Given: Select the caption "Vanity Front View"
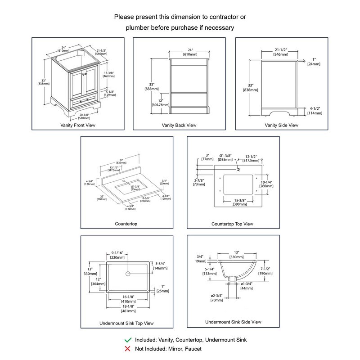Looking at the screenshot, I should click(77, 125).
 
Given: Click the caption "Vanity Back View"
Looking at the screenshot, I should click(179, 125).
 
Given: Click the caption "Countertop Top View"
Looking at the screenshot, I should click(232, 224).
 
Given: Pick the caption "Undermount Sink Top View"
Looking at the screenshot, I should click(126, 323).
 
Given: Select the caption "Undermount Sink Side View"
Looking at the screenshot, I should click(233, 322).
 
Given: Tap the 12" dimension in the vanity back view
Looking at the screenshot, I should click(160, 100).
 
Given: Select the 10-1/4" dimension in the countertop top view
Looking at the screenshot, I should click(266, 182).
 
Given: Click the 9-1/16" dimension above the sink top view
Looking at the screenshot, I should click(118, 252).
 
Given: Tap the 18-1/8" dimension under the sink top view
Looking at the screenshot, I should click(128, 306).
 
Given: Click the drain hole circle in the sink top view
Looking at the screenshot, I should click(128, 273).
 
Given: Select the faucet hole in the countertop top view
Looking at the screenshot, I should click(237, 170).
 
